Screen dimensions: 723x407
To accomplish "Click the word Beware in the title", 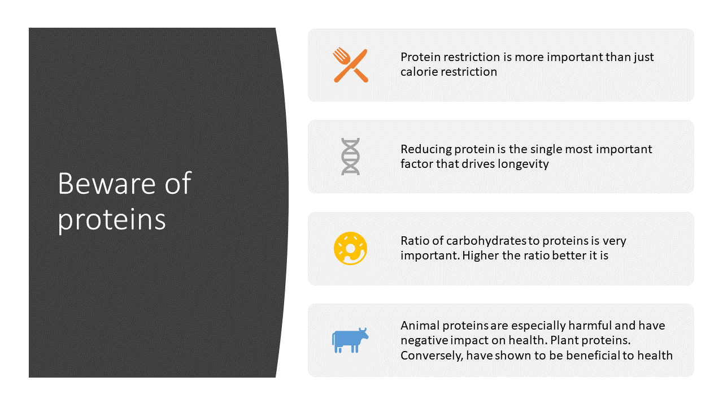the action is [107, 184].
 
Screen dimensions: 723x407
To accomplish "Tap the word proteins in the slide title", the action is [112, 220].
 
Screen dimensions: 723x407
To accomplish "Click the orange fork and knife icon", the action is [351, 65].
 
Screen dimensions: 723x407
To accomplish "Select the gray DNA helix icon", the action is [351, 157].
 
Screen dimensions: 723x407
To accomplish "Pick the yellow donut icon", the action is [351, 248].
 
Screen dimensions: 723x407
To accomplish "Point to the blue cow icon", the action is [350, 340].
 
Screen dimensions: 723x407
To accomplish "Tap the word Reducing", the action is [426, 150].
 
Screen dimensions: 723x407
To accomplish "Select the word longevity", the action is [523, 164].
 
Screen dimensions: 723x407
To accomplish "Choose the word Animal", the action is [420, 326].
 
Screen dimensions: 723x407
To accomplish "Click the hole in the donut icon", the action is [350, 249].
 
